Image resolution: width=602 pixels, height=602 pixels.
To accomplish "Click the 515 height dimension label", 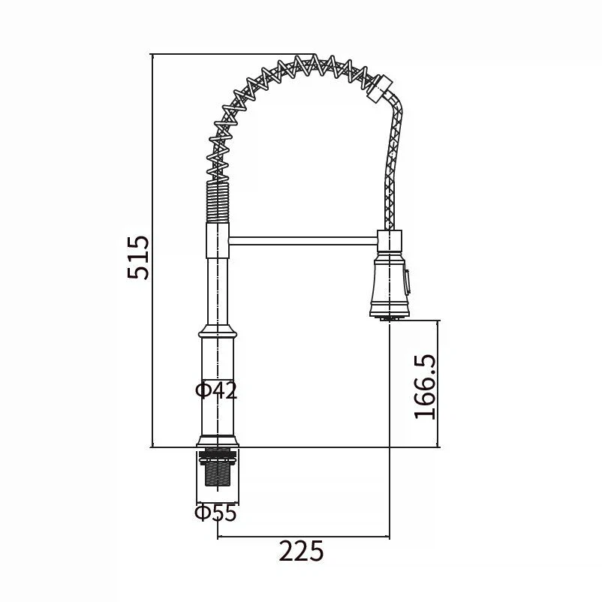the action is [138, 257].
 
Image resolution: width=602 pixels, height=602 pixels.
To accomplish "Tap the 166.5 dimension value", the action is [425, 387].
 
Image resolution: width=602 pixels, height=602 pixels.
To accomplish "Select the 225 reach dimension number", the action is [302, 551].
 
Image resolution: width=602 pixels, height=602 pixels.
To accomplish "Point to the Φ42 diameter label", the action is [216, 390].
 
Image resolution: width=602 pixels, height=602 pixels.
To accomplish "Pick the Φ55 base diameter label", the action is [215, 513].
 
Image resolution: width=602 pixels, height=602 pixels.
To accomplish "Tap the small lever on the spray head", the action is [407, 282].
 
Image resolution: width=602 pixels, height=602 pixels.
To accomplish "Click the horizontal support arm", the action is [303, 241].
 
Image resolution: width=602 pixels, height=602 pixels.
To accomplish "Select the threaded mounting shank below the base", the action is [217, 468].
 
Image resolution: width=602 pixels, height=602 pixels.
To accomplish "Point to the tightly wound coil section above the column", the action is [218, 202].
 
